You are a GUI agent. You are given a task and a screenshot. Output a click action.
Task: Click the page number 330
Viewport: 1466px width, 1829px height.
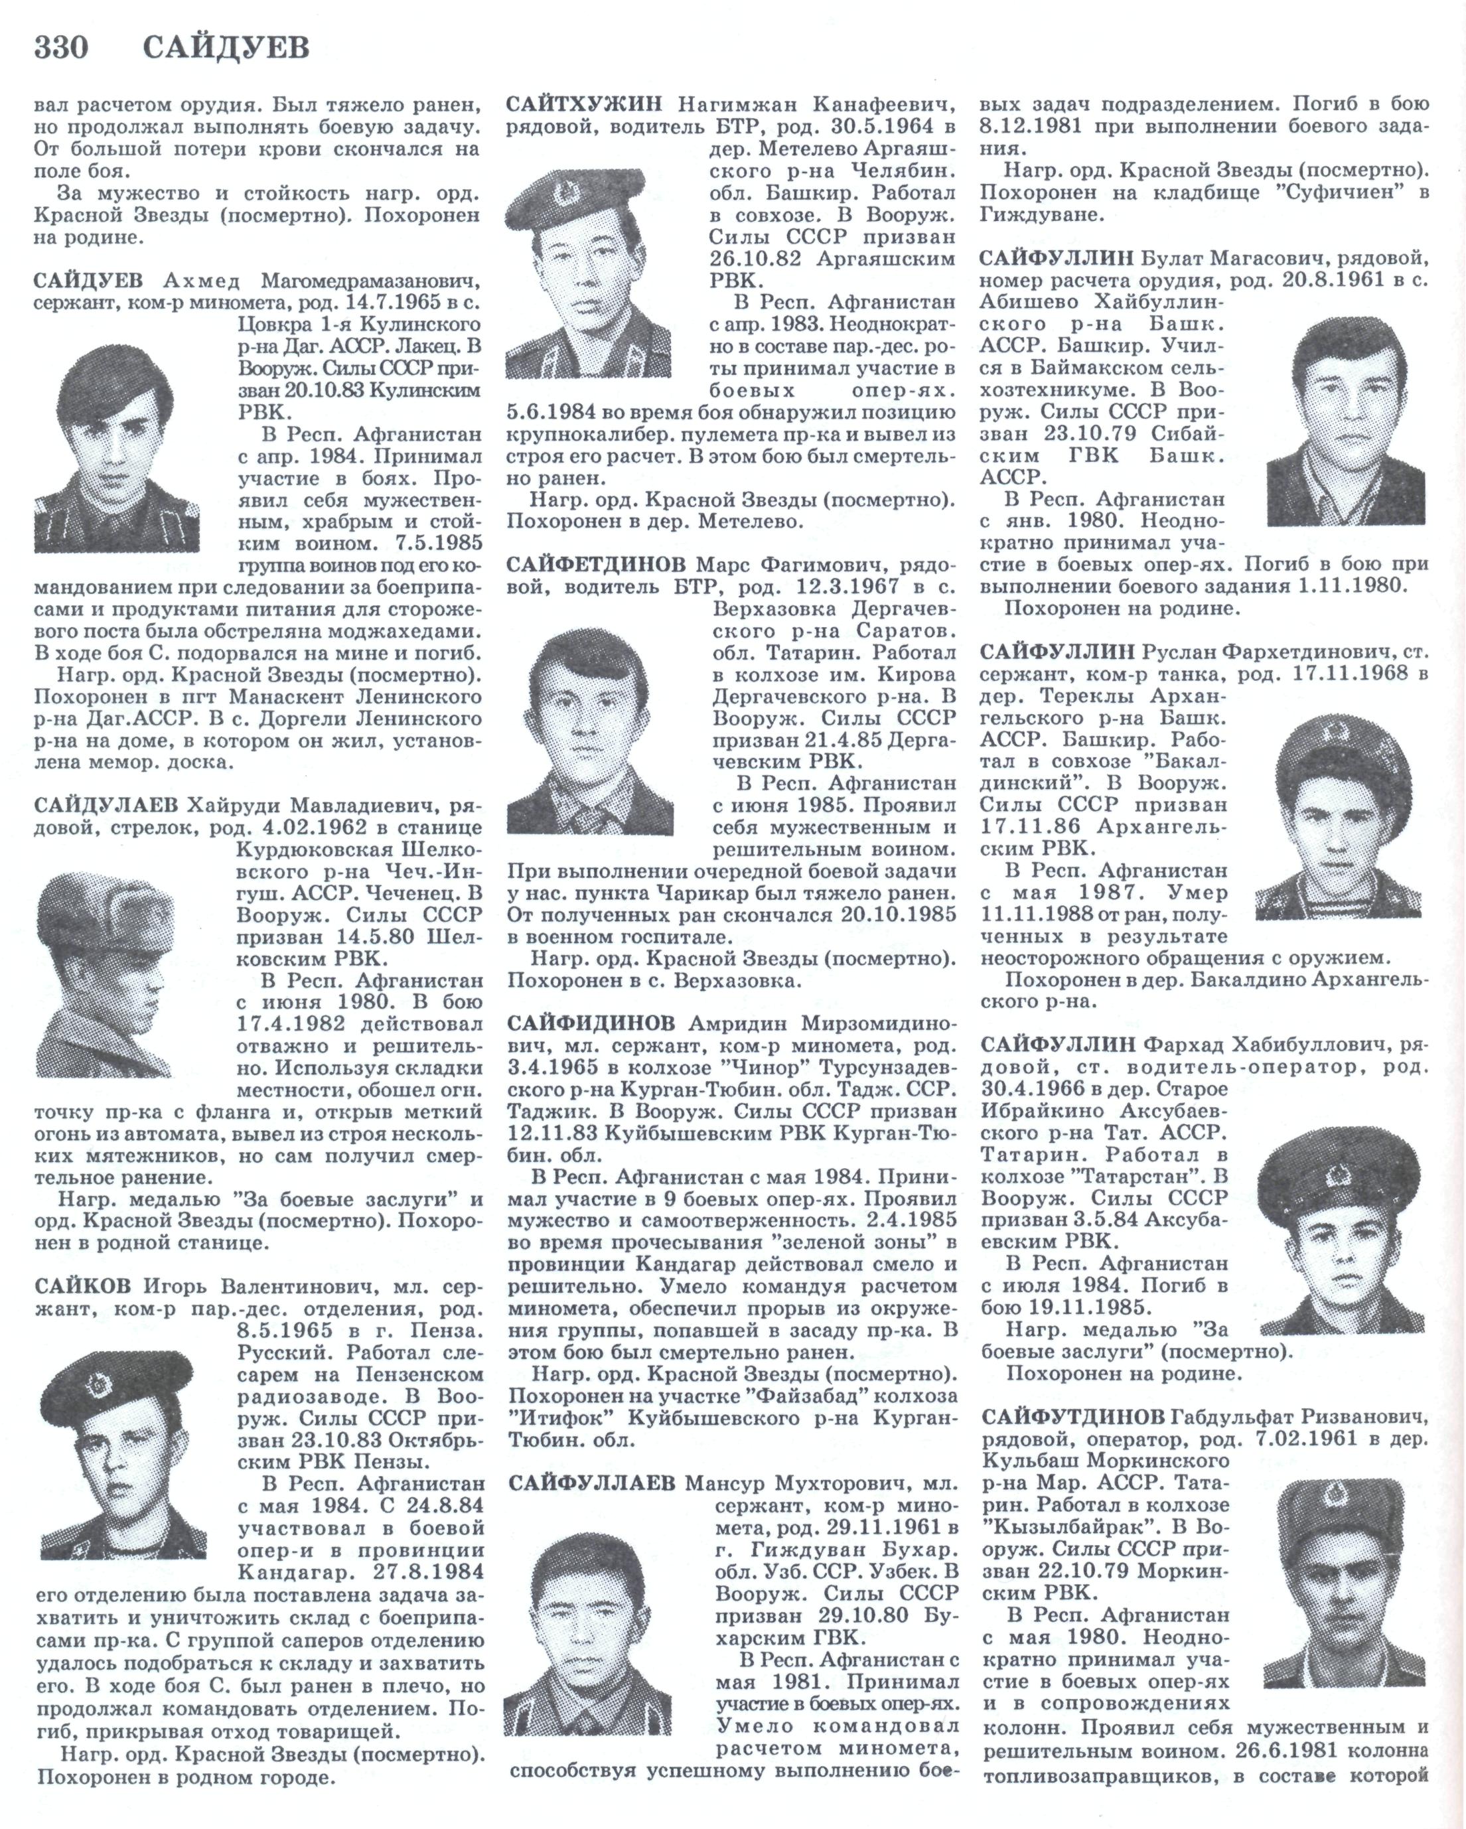(x=61, y=48)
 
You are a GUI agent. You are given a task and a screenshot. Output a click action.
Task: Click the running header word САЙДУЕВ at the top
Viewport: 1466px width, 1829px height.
(x=226, y=48)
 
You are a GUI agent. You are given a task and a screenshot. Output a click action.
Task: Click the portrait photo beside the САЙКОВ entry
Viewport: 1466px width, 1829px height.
(x=123, y=1455)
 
